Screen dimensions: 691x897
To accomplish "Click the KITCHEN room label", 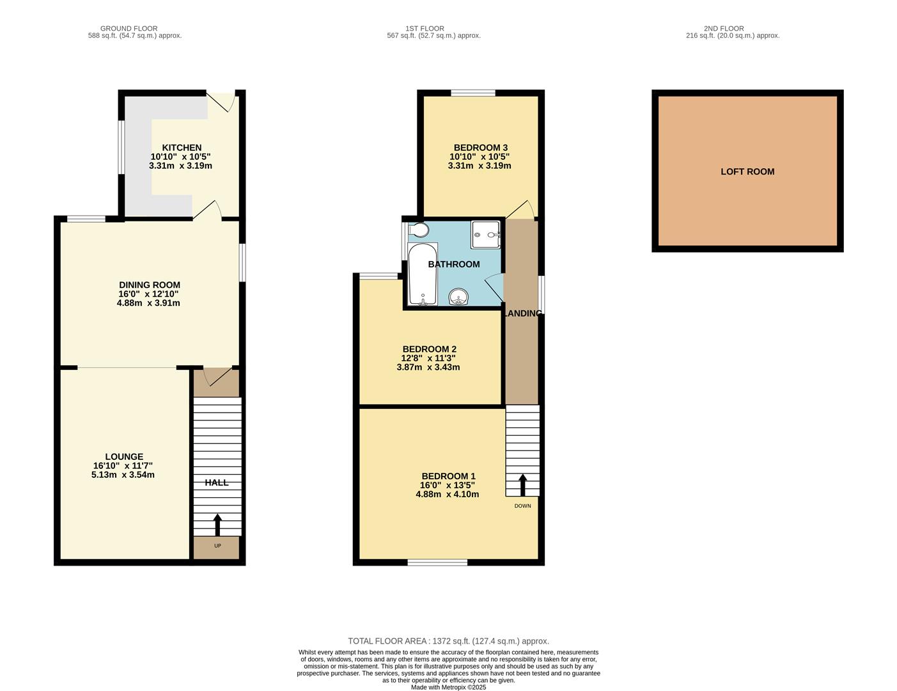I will [182, 148].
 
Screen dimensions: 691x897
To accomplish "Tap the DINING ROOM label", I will [150, 285].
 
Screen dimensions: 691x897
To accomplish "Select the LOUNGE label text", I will [124, 457].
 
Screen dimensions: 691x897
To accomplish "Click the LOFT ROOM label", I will [747, 171].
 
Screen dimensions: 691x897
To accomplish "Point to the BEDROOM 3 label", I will [480, 148].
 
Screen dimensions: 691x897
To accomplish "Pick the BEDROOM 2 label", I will [429, 349].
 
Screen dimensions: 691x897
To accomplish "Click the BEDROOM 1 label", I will [448, 476].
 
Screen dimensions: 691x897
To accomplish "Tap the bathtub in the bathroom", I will [423, 274].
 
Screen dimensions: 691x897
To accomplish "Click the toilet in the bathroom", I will [419, 230].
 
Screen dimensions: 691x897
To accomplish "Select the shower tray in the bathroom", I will [487, 235].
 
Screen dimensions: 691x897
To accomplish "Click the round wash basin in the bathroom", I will [458, 296].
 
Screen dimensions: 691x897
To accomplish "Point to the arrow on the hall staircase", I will [217, 524].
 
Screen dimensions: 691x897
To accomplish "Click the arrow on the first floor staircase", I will [522, 484].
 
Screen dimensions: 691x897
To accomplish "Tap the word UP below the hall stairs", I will [217, 546].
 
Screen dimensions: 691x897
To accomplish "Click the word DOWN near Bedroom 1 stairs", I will [522, 506].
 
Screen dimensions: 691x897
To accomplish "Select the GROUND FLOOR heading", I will [129, 29].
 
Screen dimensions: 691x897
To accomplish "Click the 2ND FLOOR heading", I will [724, 29].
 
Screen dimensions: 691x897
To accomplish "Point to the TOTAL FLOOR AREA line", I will [448, 641].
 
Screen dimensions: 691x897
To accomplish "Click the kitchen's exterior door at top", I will [223, 101].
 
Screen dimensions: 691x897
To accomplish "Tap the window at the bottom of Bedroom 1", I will [437, 562].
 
